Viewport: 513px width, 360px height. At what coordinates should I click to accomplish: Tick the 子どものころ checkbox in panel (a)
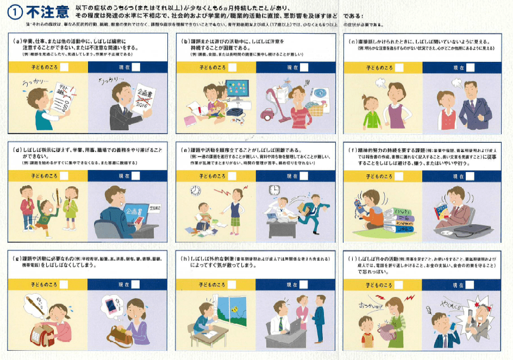[x=64, y=67]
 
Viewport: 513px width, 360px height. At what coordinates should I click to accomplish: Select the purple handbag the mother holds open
[x=389, y=333]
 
